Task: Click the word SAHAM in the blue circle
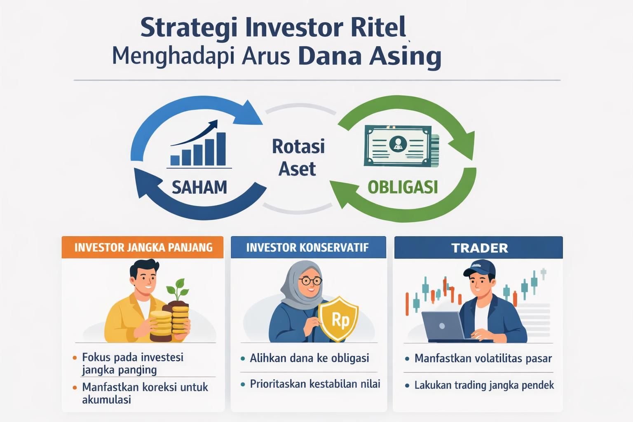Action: coord(199,188)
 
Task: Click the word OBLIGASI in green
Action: coord(402,188)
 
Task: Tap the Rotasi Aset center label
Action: coord(298,157)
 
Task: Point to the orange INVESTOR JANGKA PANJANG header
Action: coord(143,247)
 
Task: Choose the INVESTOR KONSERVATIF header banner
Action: coord(308,247)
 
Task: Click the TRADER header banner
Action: coord(479,248)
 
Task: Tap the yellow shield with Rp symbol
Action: coord(339,319)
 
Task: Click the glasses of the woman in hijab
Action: coord(311,281)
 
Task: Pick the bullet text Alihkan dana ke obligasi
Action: coord(309,358)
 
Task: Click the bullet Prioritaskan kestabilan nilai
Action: coord(315,384)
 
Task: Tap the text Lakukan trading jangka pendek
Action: coord(484,385)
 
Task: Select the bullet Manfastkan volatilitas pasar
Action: coord(483,359)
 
